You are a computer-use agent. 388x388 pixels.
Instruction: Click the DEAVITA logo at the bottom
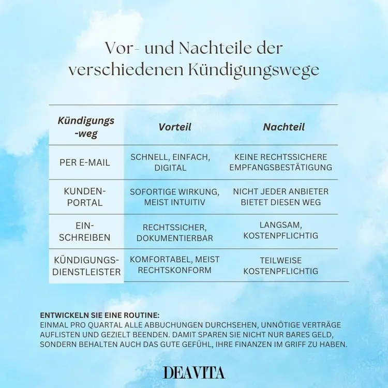[193, 372]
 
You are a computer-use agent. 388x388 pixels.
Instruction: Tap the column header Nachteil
[283, 127]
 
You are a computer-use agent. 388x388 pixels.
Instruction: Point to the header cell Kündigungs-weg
[86, 127]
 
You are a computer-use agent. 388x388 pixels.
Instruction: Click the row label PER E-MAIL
[85, 162]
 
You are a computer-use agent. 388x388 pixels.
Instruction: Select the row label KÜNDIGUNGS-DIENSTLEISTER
[86, 266]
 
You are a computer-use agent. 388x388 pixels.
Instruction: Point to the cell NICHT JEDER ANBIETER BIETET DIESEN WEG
[281, 197]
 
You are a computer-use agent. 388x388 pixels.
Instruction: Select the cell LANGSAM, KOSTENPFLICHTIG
[281, 231]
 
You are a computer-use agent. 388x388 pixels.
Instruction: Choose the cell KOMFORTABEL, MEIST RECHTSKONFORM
[174, 265]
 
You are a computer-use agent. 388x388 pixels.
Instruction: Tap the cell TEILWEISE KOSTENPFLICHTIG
[281, 265]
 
